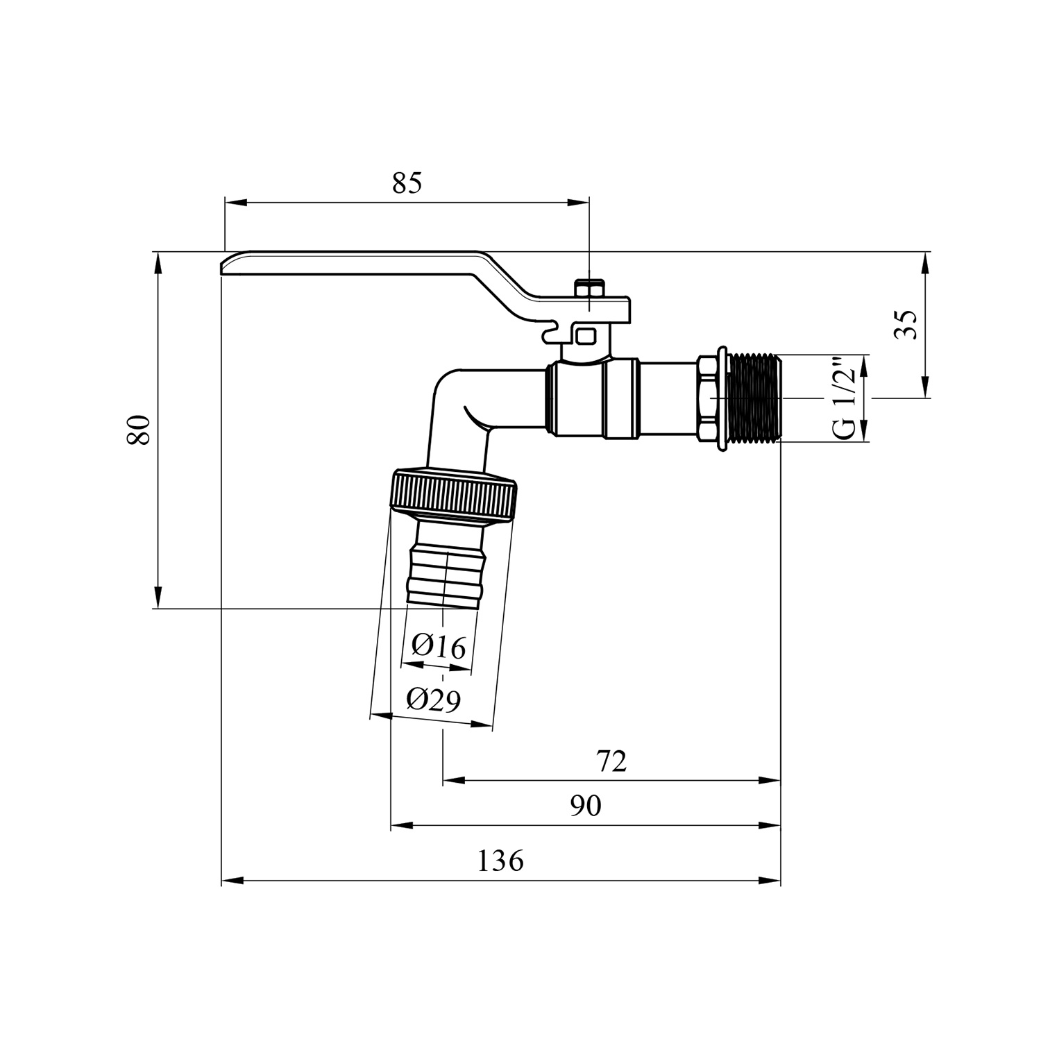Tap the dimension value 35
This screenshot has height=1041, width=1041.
(x=905, y=324)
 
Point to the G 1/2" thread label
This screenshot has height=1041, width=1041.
(x=843, y=398)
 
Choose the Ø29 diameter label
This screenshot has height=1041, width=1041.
(x=434, y=700)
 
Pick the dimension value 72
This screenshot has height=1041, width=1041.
(x=611, y=761)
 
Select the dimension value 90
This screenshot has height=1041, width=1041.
(x=586, y=806)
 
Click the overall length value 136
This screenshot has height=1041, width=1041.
(x=500, y=861)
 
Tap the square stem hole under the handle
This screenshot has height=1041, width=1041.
(x=587, y=337)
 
